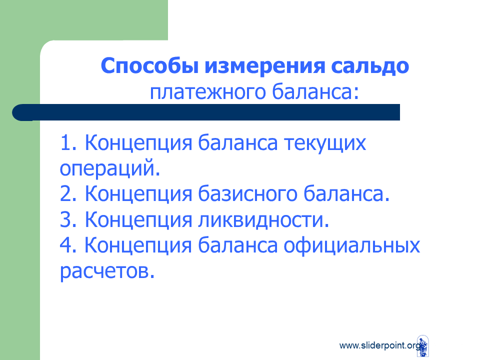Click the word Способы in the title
(149, 66)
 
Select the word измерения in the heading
(265, 66)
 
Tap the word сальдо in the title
(370, 66)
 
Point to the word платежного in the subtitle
(207, 92)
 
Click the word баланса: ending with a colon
(315, 91)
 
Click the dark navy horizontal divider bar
(206, 112)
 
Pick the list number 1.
(68, 142)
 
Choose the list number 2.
(68, 193)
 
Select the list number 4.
(68, 245)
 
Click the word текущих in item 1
(325, 143)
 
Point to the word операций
(110, 168)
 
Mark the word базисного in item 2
(247, 194)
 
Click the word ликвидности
(263, 220)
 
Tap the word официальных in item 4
(351, 246)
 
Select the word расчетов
(107, 271)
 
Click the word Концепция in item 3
(138, 220)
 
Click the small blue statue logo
(423, 346)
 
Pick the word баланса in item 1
(238, 142)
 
